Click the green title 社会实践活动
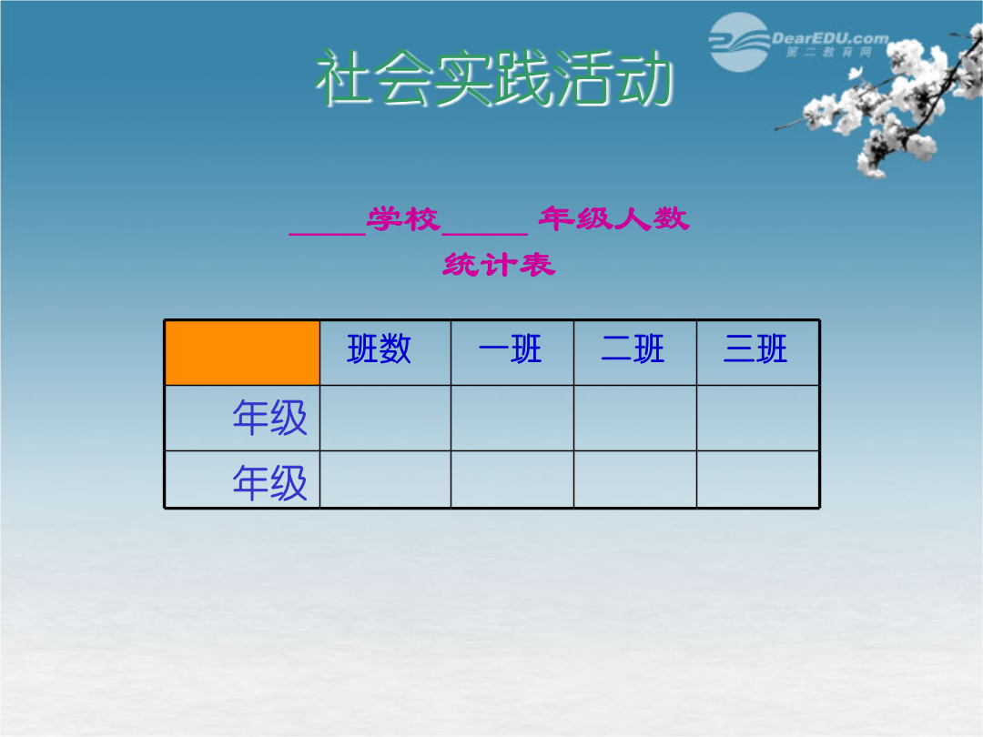click(494, 77)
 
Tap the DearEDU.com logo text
click(830, 38)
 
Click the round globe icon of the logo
click(739, 43)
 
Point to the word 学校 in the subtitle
click(403, 219)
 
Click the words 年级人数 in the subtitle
click(613, 218)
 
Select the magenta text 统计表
click(499, 265)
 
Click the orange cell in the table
click(242, 353)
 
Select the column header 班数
click(380, 349)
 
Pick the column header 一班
click(510, 349)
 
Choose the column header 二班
click(633, 349)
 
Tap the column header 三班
click(755, 349)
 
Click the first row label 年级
click(269, 418)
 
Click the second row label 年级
click(269, 482)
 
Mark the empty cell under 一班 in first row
click(512, 418)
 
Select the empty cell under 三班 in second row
click(758, 480)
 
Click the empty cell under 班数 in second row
click(386, 480)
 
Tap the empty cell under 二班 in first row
click(635, 418)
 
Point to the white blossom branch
click(884, 100)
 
